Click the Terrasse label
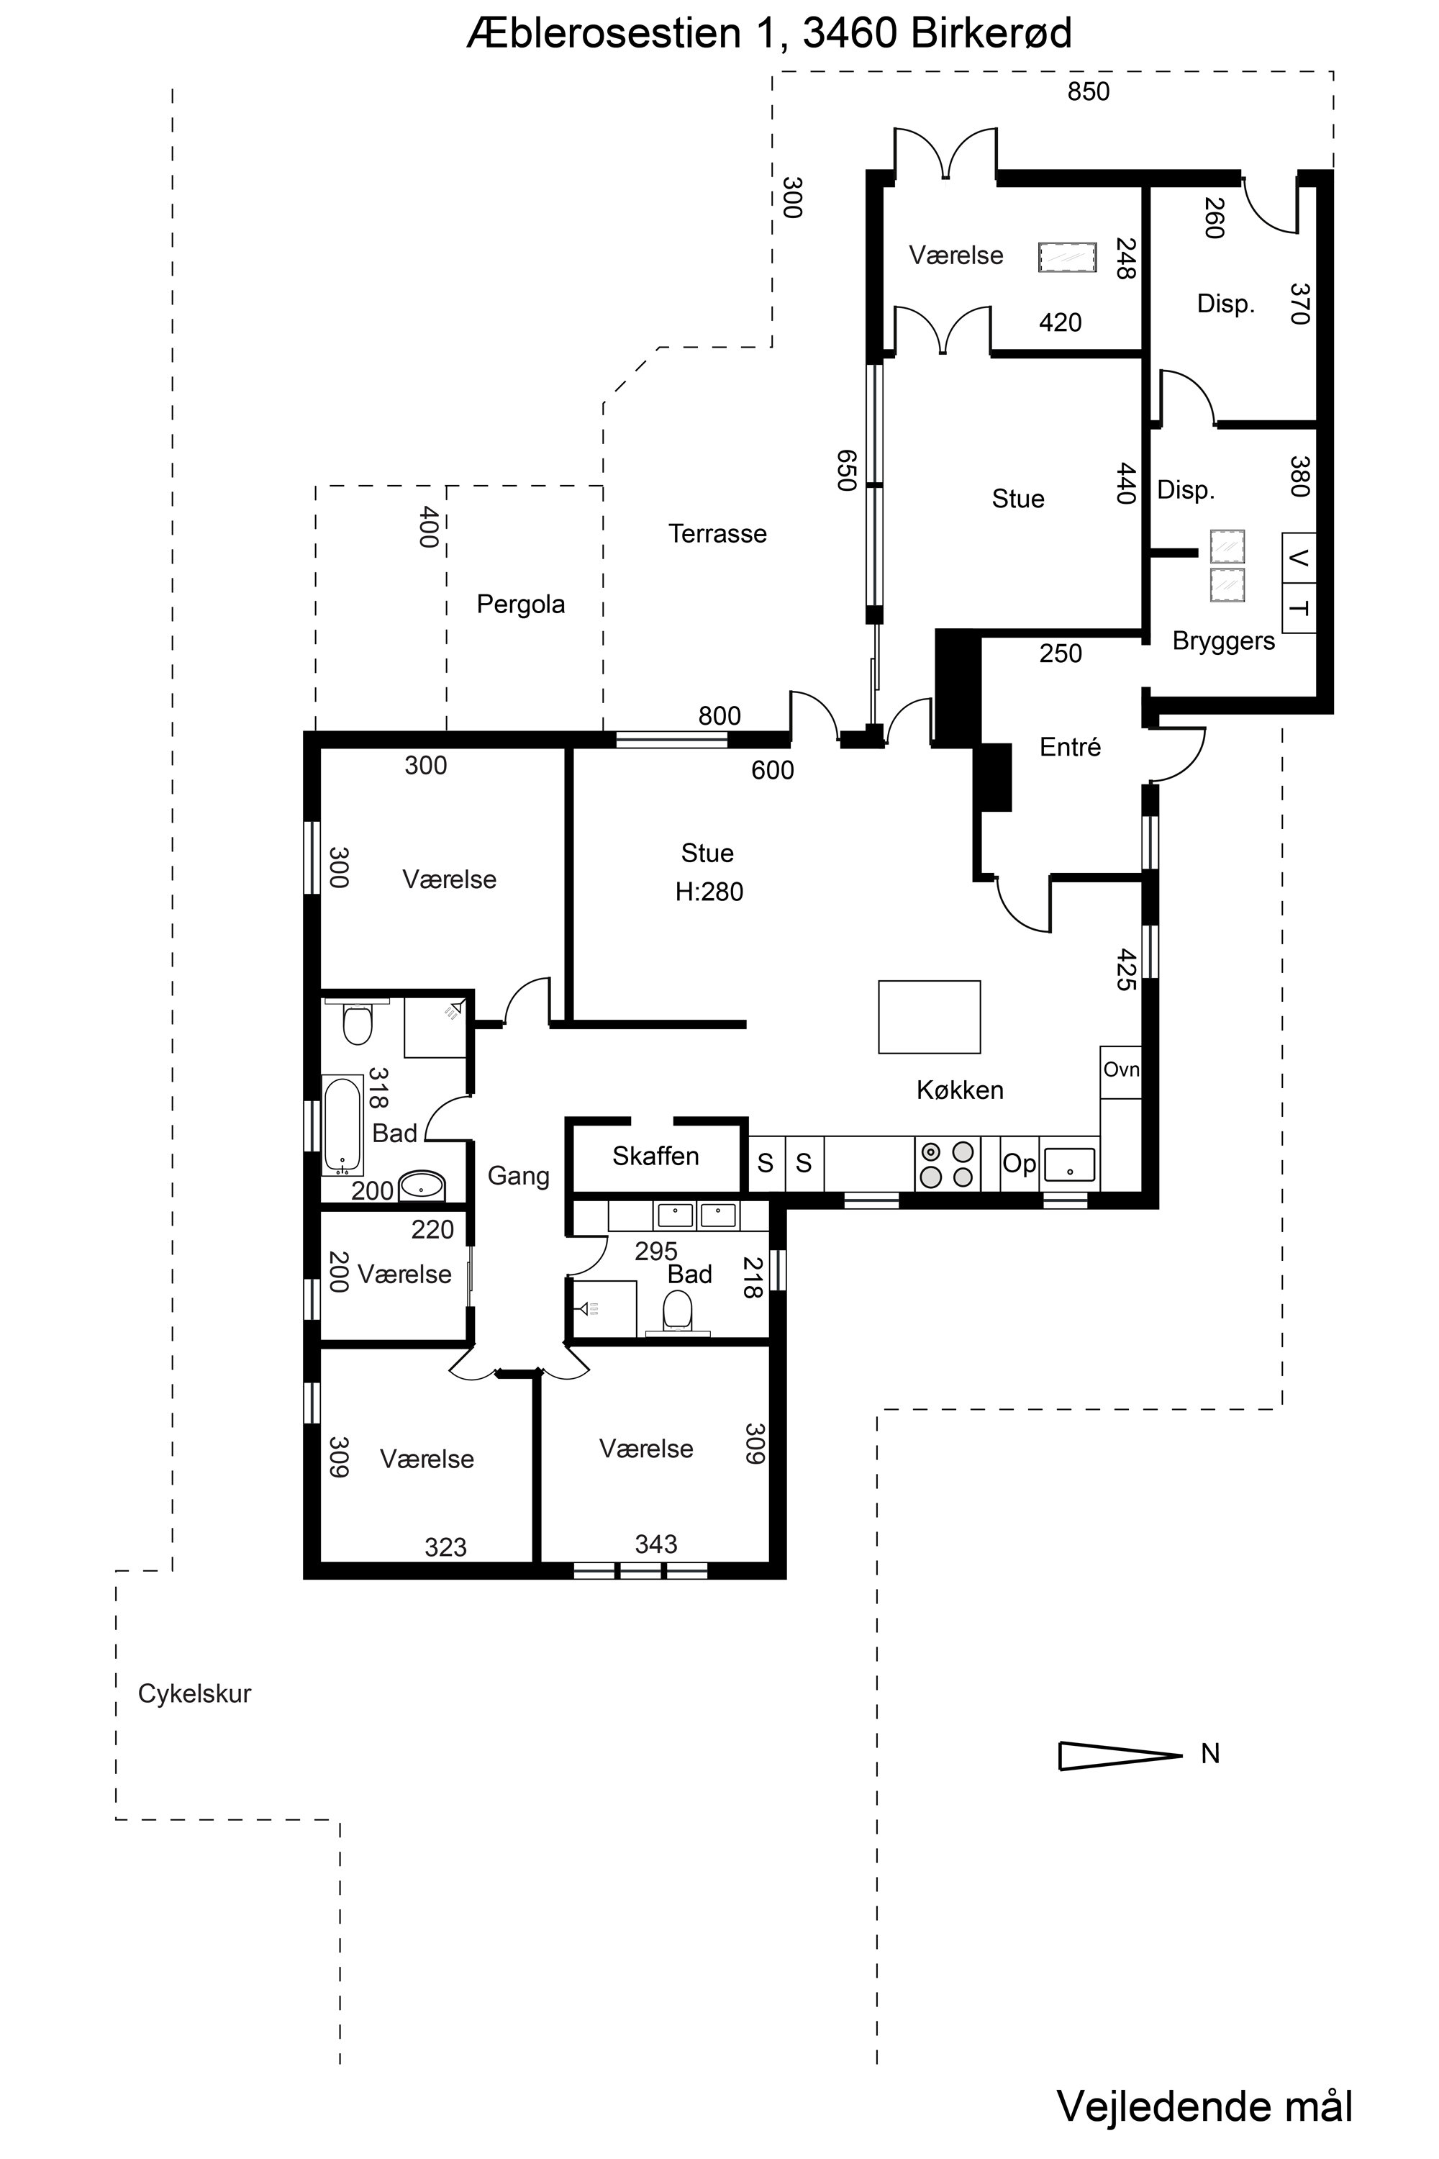[717, 533]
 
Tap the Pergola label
[520, 605]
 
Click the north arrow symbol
[1120, 1756]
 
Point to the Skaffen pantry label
[655, 1156]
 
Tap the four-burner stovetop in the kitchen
[947, 1164]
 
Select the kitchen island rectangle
[929, 1016]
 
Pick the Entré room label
[1070, 747]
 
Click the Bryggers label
[1223, 642]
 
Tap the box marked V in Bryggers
[1299, 557]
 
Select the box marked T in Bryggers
[1299, 607]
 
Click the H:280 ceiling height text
[709, 892]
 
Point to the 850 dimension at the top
[1089, 92]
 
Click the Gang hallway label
[519, 1176]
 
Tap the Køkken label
[960, 1090]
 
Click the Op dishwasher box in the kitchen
[1019, 1164]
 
